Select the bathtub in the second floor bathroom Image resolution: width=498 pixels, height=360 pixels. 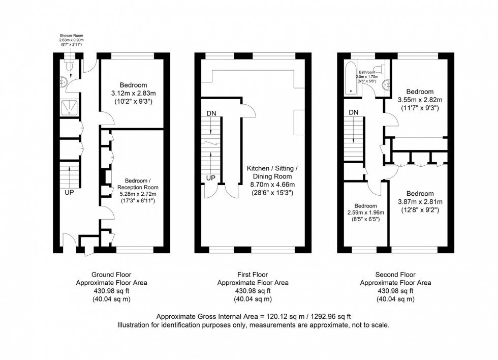click(x=350, y=78)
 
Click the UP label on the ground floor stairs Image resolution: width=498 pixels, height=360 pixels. click(x=69, y=193)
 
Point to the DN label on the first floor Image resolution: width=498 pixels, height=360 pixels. click(x=211, y=112)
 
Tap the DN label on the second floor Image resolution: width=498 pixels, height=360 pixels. click(x=354, y=112)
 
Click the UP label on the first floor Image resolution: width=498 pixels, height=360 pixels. click(x=211, y=178)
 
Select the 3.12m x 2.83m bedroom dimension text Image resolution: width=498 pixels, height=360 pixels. click(x=133, y=94)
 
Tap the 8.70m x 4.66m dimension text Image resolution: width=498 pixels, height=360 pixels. click(x=272, y=186)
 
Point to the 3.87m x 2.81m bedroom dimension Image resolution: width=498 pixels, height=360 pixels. click(x=420, y=201)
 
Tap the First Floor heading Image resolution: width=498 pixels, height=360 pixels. click(x=253, y=275)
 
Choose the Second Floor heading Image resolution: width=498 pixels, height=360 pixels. click(x=395, y=275)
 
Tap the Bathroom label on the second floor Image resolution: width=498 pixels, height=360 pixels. click(x=367, y=73)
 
